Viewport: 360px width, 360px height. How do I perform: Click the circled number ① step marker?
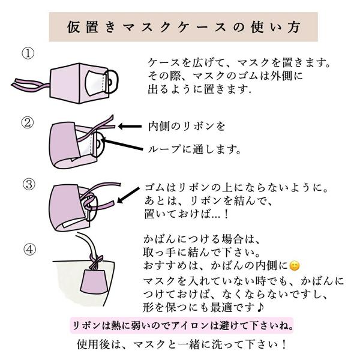[28, 53]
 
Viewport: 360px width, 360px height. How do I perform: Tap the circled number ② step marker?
[28, 122]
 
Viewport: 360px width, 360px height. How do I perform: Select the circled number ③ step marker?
[29, 184]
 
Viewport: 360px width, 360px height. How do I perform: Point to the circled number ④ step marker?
[30, 250]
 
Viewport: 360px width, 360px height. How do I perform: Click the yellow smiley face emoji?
[295, 266]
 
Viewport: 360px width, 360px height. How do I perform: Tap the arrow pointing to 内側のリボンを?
[130, 126]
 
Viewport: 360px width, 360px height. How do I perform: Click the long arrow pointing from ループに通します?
[122, 144]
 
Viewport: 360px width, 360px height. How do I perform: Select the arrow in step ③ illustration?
[128, 195]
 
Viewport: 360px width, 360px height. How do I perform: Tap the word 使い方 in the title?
[275, 27]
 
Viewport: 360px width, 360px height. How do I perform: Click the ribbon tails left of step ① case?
[30, 85]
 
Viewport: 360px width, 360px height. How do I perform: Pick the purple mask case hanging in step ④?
[94, 281]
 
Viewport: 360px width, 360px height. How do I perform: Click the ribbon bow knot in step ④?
[95, 261]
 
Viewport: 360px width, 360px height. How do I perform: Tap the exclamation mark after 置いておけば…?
[226, 214]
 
